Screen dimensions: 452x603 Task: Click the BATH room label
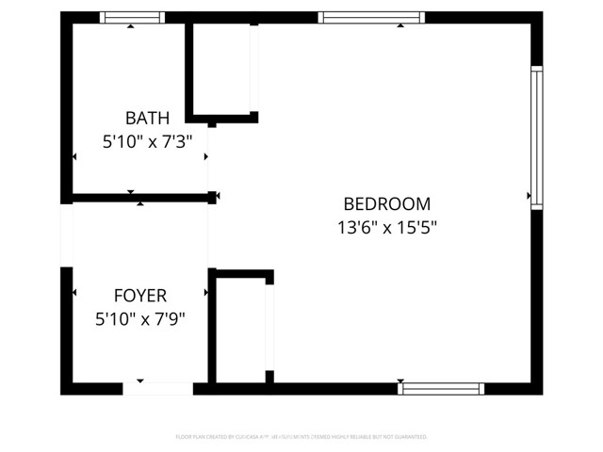click(147, 118)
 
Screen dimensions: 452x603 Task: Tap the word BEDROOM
click(386, 203)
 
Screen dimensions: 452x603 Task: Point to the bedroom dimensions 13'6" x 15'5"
click(386, 227)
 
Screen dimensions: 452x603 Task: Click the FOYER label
click(140, 296)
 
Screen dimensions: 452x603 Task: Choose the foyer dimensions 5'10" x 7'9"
click(140, 319)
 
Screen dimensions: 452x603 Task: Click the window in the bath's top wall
click(132, 17)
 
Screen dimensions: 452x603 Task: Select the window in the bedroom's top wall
click(370, 17)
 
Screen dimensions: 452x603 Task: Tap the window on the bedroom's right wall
click(536, 137)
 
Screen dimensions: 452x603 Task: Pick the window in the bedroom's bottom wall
click(441, 388)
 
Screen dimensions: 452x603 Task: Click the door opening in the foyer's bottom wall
click(158, 388)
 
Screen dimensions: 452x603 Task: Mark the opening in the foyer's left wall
click(66, 234)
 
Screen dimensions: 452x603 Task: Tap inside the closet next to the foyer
click(241, 330)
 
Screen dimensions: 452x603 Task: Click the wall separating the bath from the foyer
click(139, 197)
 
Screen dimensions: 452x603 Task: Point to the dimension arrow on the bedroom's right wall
click(530, 196)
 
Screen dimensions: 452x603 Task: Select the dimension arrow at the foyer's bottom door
click(140, 380)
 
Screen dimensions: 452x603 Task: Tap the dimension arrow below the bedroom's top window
click(400, 25)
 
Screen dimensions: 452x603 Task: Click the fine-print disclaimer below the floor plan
click(301, 437)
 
